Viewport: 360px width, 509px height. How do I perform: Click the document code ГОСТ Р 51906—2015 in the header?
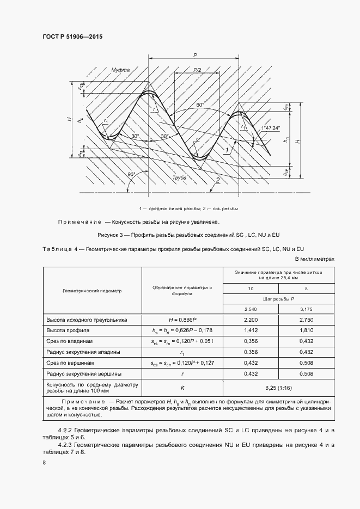tap(72, 36)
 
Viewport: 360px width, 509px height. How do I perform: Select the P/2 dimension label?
tap(197, 70)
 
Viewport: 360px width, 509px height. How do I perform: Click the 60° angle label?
tap(200, 105)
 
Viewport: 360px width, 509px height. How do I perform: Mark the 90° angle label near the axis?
tap(131, 175)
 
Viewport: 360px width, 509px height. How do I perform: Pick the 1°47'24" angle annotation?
tap(271, 128)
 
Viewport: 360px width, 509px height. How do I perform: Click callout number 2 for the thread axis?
tap(217, 180)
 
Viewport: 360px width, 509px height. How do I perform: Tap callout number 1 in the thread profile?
tap(227, 149)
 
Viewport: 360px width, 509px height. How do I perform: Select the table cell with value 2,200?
tap(251, 320)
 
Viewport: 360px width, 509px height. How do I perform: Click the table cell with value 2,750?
tap(307, 320)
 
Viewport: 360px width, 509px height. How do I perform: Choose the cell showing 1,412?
tap(251, 330)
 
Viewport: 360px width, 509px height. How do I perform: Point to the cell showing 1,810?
tap(307, 330)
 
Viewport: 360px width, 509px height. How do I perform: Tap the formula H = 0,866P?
tap(182, 320)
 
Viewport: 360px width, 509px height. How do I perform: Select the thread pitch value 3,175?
tap(307, 309)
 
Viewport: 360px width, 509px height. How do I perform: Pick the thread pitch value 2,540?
tap(251, 309)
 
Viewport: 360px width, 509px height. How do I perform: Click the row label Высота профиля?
tap(68, 330)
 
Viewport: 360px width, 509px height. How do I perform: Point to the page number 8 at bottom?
tap(44, 463)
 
